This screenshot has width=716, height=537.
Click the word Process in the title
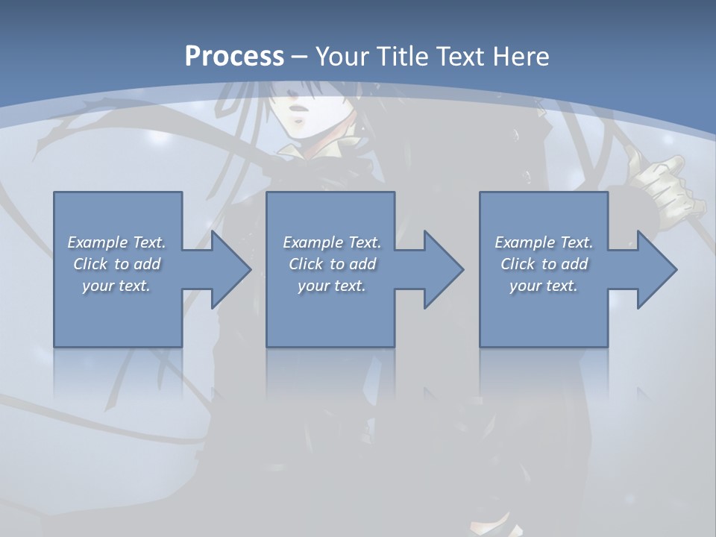[x=234, y=57]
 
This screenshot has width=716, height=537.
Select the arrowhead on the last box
[x=652, y=269]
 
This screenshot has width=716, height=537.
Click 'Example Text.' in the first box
[x=116, y=242]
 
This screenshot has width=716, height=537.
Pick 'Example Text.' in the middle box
[x=332, y=242]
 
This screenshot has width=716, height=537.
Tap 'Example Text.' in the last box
[x=544, y=242]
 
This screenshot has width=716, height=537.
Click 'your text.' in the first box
[x=116, y=286]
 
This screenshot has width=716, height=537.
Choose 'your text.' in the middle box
[x=332, y=286]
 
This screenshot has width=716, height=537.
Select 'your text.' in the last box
[x=544, y=286]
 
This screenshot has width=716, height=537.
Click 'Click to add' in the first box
[x=116, y=264]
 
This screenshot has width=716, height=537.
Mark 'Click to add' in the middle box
[x=332, y=264]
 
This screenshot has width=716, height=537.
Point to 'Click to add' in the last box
[x=544, y=264]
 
